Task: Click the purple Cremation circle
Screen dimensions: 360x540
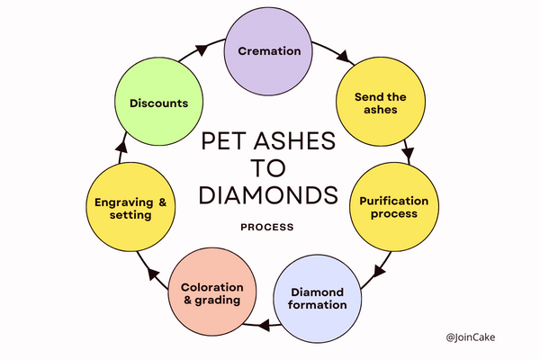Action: pos(269,50)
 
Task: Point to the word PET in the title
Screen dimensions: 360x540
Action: pos(223,141)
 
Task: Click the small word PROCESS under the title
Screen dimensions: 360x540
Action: pos(267,228)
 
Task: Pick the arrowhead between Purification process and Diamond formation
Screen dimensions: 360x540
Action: pos(379,266)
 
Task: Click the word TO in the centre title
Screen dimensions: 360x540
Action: pos(269,168)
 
